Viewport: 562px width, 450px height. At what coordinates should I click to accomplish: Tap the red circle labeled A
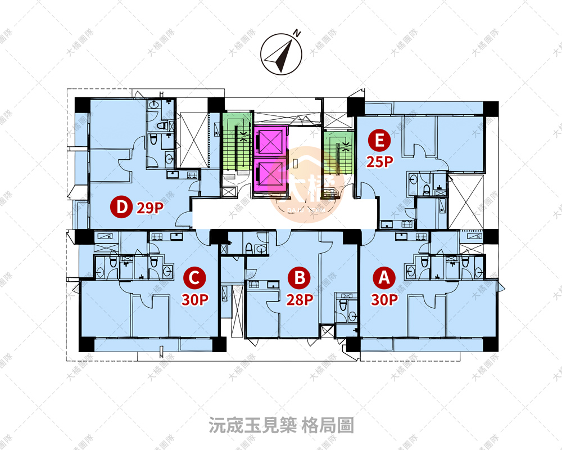[x=384, y=277]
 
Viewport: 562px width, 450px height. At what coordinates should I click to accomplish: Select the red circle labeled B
[x=300, y=277]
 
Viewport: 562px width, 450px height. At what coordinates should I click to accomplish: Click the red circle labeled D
[x=121, y=208]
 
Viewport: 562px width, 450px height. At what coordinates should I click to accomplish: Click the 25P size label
[x=379, y=162]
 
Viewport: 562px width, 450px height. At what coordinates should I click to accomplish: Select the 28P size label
[x=300, y=299]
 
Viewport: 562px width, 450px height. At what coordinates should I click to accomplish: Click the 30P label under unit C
[x=194, y=299]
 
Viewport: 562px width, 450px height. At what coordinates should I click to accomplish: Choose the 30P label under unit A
[x=384, y=299]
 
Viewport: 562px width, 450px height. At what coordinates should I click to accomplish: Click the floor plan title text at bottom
[x=281, y=425]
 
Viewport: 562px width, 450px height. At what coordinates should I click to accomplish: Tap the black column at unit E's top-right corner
[x=491, y=108]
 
